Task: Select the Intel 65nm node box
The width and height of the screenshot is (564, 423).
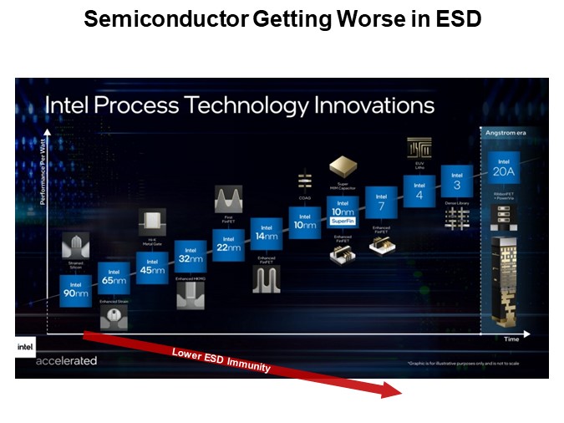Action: click(114, 278)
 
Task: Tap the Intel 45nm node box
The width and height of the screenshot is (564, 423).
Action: click(152, 267)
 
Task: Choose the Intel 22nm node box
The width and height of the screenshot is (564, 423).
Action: click(228, 244)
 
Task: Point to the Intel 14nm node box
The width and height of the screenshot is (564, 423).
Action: click(266, 233)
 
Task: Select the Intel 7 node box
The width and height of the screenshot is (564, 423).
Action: click(380, 201)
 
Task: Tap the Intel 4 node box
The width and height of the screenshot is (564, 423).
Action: click(419, 191)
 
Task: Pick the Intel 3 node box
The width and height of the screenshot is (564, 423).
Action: click(456, 181)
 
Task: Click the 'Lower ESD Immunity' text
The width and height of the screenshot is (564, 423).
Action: click(221, 359)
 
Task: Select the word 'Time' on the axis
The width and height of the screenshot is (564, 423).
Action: click(511, 339)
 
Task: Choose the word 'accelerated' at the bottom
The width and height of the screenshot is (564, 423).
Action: click(66, 361)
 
